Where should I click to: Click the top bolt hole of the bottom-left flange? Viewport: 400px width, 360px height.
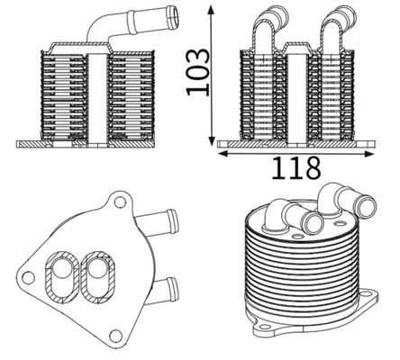point(117,199)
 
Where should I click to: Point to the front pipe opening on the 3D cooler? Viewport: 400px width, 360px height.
point(314,222)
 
